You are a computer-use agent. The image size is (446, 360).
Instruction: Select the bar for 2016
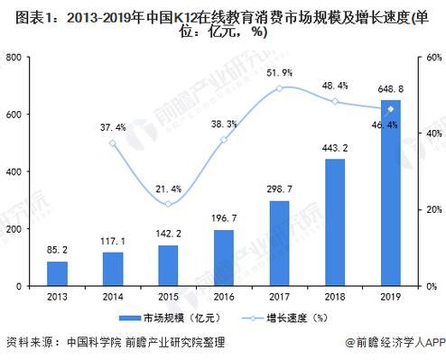(x=224, y=258)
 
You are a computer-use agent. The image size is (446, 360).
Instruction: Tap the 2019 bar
(x=391, y=193)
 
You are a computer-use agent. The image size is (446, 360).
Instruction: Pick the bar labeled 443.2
(x=335, y=222)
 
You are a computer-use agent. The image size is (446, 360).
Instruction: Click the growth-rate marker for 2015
(x=168, y=204)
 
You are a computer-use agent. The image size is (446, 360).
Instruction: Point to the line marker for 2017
(x=280, y=88)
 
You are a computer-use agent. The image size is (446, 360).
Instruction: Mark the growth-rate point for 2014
(x=113, y=143)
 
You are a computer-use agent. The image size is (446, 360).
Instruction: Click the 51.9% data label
(x=280, y=72)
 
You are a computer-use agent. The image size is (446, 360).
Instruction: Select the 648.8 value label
(x=391, y=88)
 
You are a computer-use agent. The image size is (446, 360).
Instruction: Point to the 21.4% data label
(x=168, y=189)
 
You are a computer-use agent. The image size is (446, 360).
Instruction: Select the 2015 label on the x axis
(x=168, y=295)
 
